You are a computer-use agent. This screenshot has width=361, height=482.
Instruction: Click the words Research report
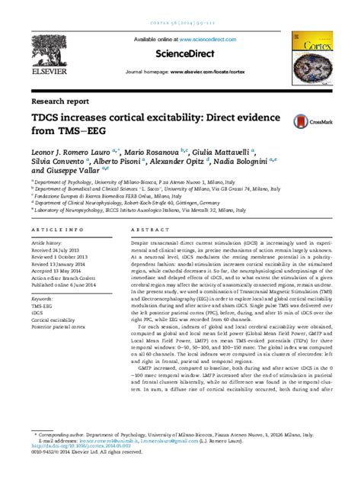(59, 101)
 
